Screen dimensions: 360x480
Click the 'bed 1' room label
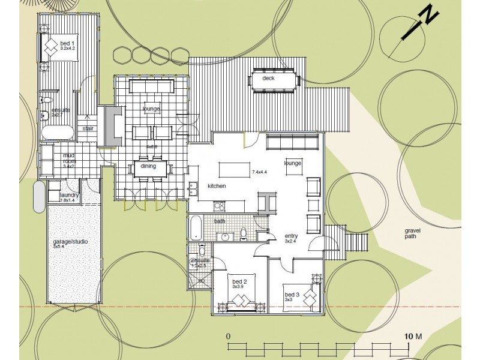point(67,43)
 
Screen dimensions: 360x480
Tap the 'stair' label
point(88,128)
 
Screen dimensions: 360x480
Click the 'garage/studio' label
point(70,242)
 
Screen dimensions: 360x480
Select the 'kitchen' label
point(217,186)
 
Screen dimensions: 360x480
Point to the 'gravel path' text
point(413,233)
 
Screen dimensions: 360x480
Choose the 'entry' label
point(292,236)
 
